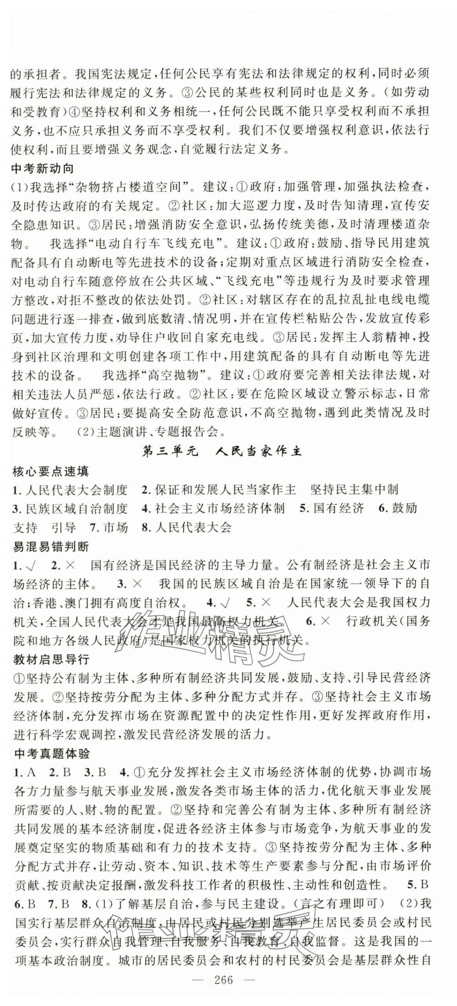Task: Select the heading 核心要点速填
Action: [51, 471]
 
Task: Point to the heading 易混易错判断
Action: [51, 546]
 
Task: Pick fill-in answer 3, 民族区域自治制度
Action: [71, 509]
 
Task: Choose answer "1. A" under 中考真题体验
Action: [25, 772]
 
